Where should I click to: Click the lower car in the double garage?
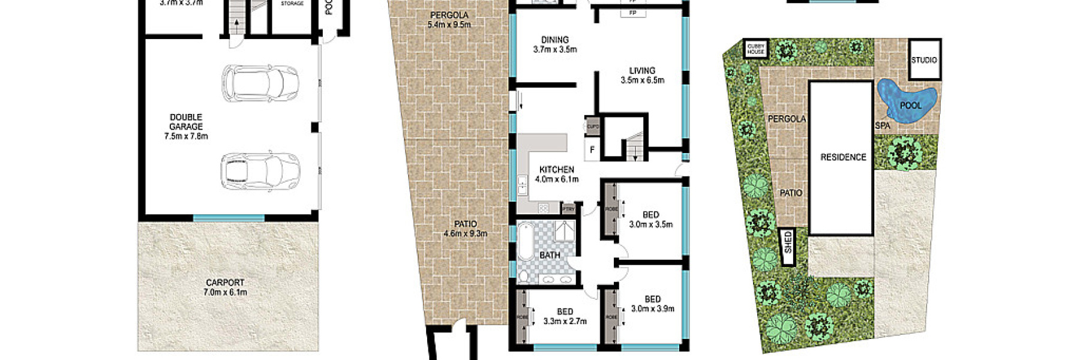[260, 172]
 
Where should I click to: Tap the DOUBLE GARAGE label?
[186, 127]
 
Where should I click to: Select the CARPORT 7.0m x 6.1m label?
[225, 287]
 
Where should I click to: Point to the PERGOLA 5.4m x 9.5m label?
[449, 20]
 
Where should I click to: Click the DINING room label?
[555, 44]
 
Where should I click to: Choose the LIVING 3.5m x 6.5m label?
[642, 75]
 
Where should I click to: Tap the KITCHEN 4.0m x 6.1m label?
[557, 174]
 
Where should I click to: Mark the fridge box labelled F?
[592, 150]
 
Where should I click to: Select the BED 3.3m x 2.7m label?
[565, 316]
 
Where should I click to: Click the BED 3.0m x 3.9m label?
[652, 304]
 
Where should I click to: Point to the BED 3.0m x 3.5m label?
[650, 219]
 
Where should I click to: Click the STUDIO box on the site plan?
[924, 59]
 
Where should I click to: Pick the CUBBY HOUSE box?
[756, 49]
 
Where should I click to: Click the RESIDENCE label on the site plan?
[843, 157]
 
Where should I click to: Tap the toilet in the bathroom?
[524, 276]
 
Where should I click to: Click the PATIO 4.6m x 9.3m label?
[465, 229]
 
